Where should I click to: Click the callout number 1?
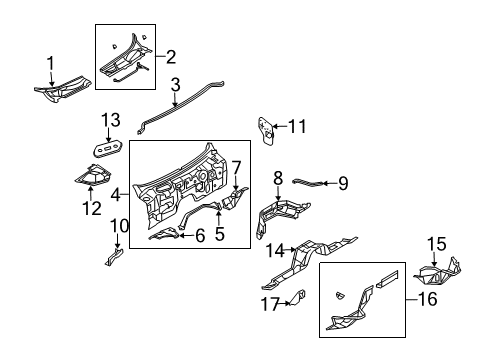51,64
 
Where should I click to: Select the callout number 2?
171,56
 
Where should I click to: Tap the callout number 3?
174,84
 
